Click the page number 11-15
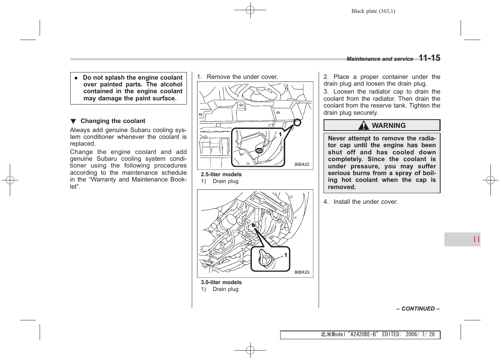pos(429,58)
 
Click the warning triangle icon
pos(364,125)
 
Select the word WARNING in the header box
pos(388,126)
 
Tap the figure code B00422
pos(302,165)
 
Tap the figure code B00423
pos(302,272)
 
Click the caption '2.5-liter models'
pos(221,174)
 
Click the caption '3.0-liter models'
pos(221,282)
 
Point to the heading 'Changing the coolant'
pos(113,121)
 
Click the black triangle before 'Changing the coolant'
pos(73,121)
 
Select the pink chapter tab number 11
pos(476,239)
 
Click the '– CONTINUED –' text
pos(418,309)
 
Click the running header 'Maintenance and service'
pos(379,59)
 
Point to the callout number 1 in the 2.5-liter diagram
pos(280,134)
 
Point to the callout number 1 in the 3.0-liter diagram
pos(285,255)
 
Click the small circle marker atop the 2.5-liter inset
pos(297,122)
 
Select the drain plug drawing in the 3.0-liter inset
pos(266,259)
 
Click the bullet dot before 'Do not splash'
pos(76,78)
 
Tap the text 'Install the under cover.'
pos(365,202)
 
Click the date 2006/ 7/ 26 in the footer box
pos(420,335)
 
